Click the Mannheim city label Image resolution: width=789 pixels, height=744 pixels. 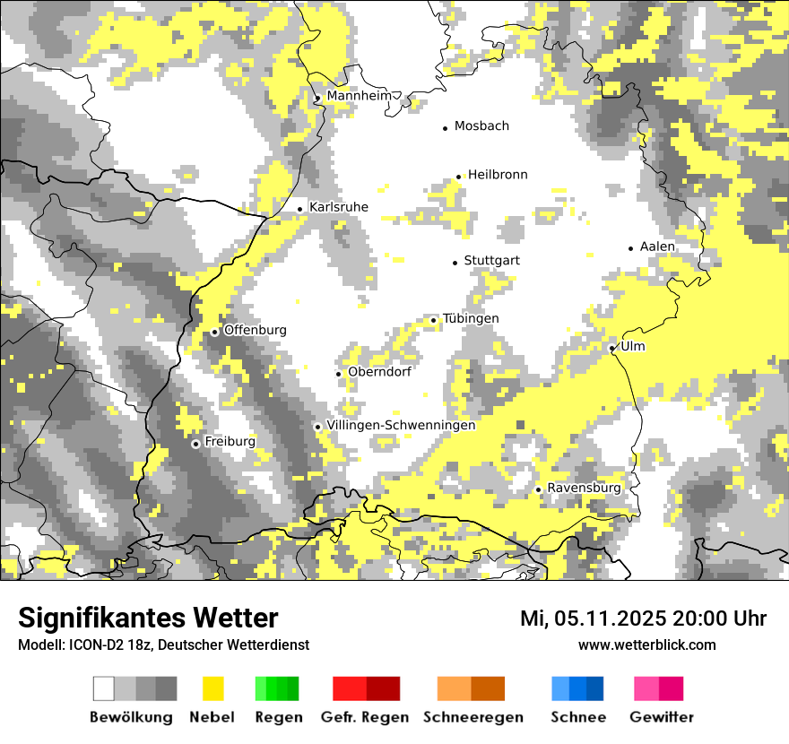[x=360, y=96]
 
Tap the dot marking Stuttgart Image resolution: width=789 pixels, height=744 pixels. [x=455, y=262]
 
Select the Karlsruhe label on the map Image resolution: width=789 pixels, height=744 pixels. [x=339, y=207]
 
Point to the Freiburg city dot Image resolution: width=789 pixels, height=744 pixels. [x=195, y=444]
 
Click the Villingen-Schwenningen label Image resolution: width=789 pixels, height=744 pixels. [x=401, y=425]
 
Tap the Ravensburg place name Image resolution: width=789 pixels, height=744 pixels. [x=584, y=488]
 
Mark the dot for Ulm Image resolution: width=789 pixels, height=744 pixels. [x=612, y=348]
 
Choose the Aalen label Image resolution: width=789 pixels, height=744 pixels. [x=657, y=247]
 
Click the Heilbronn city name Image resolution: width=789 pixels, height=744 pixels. [x=498, y=175]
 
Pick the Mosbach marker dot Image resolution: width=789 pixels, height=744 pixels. [x=445, y=128]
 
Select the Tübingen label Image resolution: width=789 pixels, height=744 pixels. [x=471, y=319]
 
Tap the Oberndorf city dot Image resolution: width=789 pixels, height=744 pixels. [x=338, y=374]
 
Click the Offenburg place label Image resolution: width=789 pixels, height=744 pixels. [x=256, y=330]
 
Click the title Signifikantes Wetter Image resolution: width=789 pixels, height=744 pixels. [x=148, y=618]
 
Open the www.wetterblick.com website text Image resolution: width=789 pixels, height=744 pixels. [x=646, y=645]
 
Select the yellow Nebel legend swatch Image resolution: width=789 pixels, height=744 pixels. [x=212, y=688]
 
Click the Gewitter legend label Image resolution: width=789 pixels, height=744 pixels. [x=662, y=717]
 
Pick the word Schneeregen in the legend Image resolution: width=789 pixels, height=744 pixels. [x=473, y=717]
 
